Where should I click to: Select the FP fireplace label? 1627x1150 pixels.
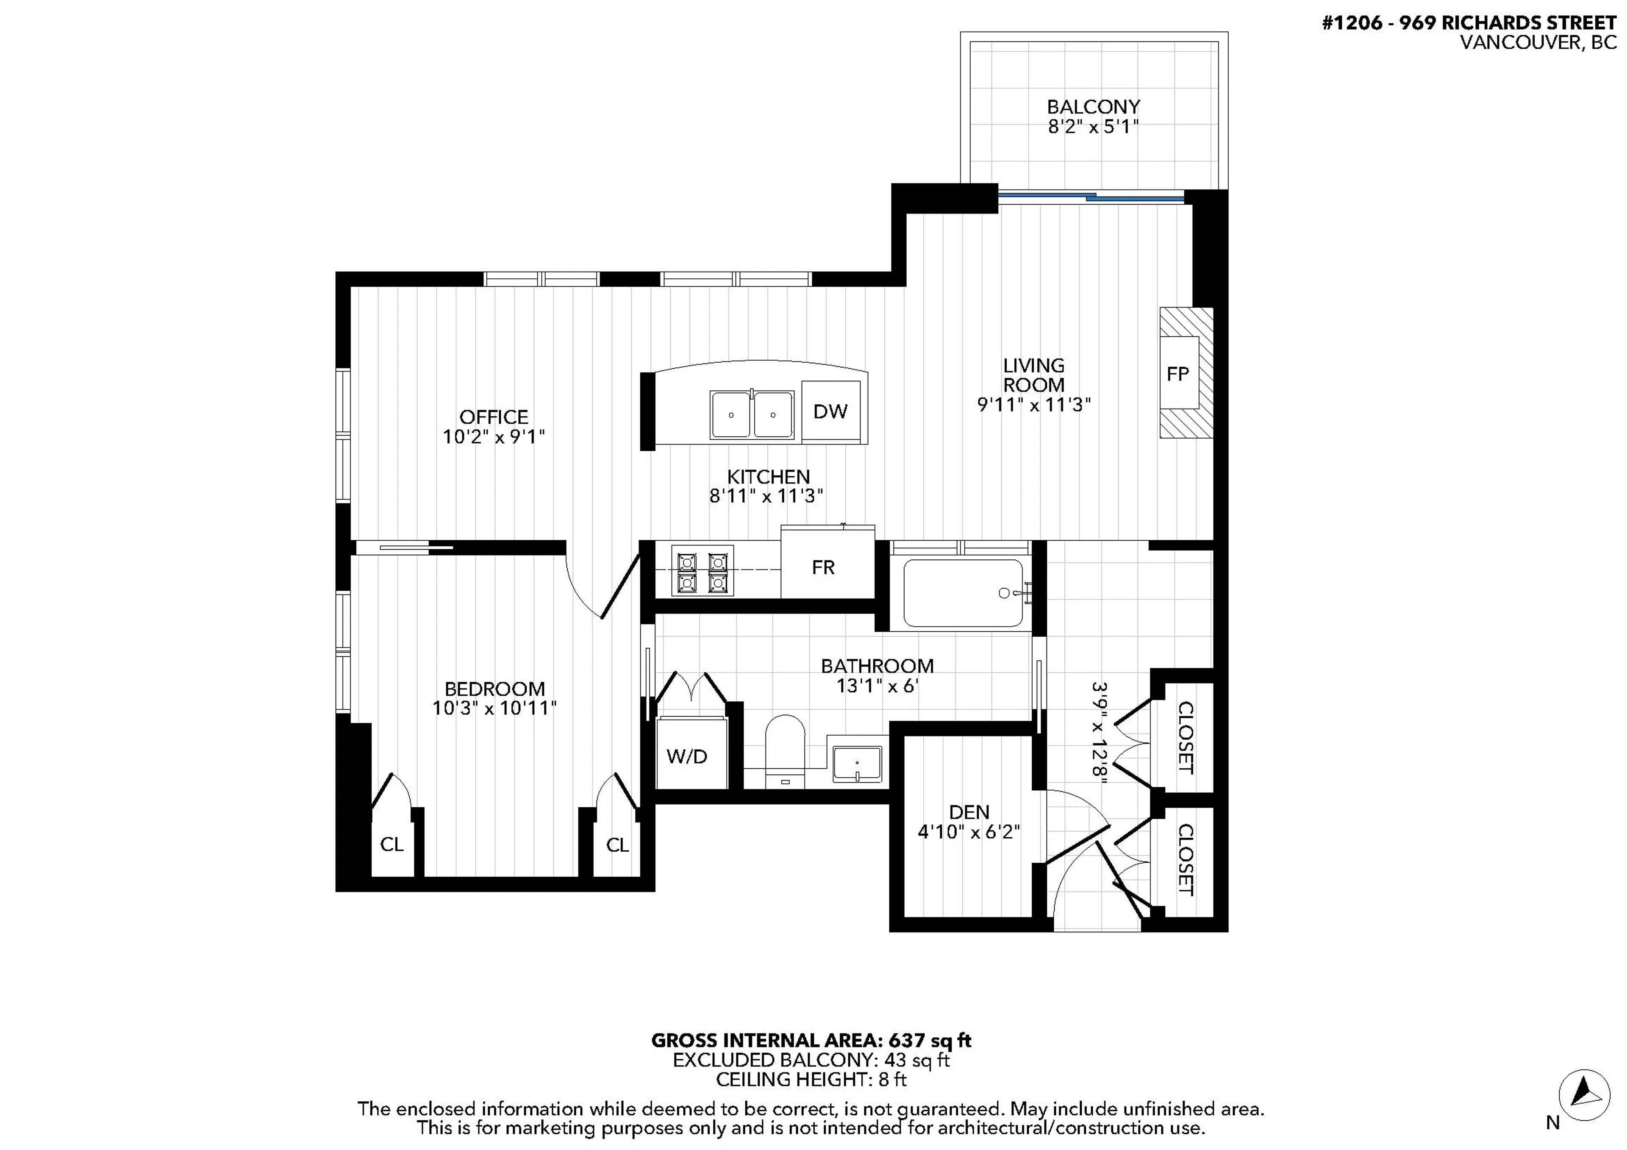click(x=1178, y=374)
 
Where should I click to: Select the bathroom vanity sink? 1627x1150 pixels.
click(x=857, y=764)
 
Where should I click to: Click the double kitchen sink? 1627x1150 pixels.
click(x=752, y=414)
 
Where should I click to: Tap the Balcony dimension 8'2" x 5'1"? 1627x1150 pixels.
click(x=1094, y=128)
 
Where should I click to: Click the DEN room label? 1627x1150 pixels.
click(x=969, y=812)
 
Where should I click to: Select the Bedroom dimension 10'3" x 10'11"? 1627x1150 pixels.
click(x=494, y=708)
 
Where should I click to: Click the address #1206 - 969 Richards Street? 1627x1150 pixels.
click(x=1469, y=23)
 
